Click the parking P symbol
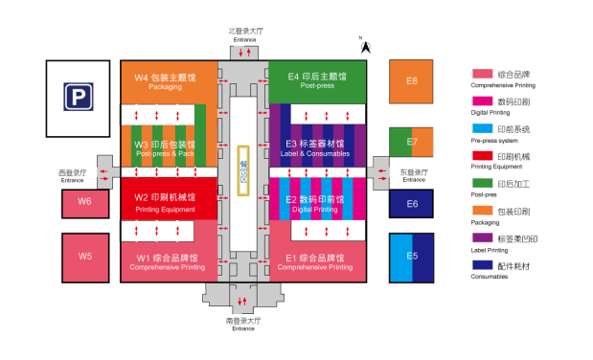tap(79, 97)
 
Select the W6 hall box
tap(85, 202)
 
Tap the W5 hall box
tap(85, 257)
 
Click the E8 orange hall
tap(411, 81)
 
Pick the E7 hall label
tap(413, 142)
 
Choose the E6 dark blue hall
tap(412, 203)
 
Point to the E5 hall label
tap(412, 256)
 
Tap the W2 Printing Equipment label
tap(165, 200)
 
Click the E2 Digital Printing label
tap(317, 202)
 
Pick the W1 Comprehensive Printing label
tap(165, 260)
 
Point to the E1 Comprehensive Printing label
tap(317, 260)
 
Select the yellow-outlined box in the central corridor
tap(243, 171)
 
